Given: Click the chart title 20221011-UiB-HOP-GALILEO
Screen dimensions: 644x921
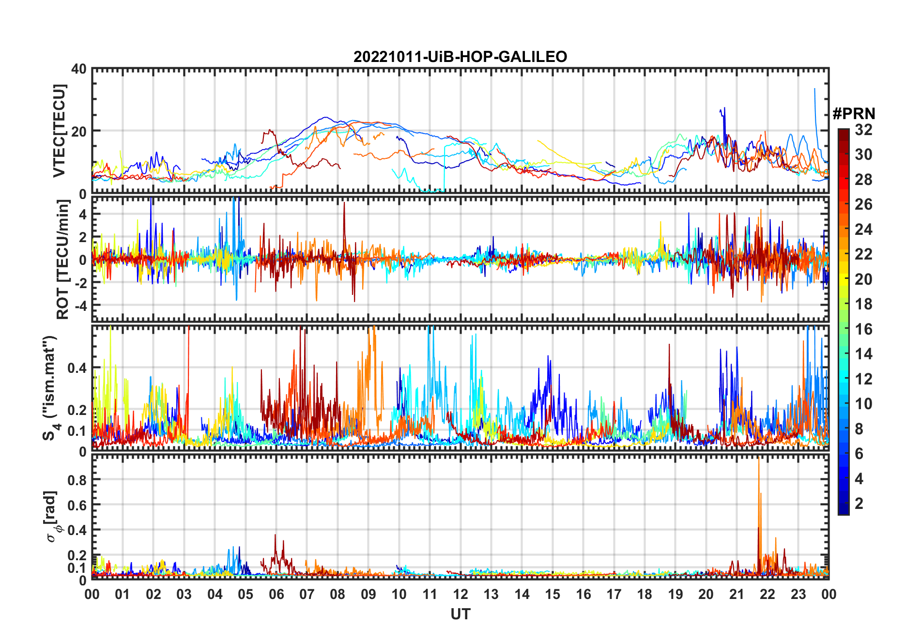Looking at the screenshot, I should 460,57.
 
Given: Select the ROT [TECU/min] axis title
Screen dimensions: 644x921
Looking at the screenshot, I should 62,259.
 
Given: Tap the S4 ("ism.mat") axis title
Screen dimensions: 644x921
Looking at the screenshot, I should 50,388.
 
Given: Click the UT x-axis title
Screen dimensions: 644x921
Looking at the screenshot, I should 460,614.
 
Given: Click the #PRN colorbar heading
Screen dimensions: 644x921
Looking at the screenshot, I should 854,114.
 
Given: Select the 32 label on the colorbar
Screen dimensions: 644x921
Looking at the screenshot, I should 863,130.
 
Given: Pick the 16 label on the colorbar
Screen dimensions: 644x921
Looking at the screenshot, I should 863,329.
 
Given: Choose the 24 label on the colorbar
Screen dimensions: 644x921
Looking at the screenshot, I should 863,230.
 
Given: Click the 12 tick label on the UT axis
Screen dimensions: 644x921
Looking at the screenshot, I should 460,594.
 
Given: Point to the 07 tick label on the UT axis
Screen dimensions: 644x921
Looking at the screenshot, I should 307,594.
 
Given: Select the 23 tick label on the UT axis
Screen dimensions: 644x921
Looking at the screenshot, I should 798,594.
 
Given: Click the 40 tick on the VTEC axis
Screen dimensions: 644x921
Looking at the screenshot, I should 79,69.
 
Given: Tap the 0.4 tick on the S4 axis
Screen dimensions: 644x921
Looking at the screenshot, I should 77,368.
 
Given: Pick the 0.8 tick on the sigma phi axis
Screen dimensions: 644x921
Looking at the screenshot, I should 77,480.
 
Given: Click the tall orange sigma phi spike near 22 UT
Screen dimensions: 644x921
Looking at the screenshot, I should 758,465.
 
